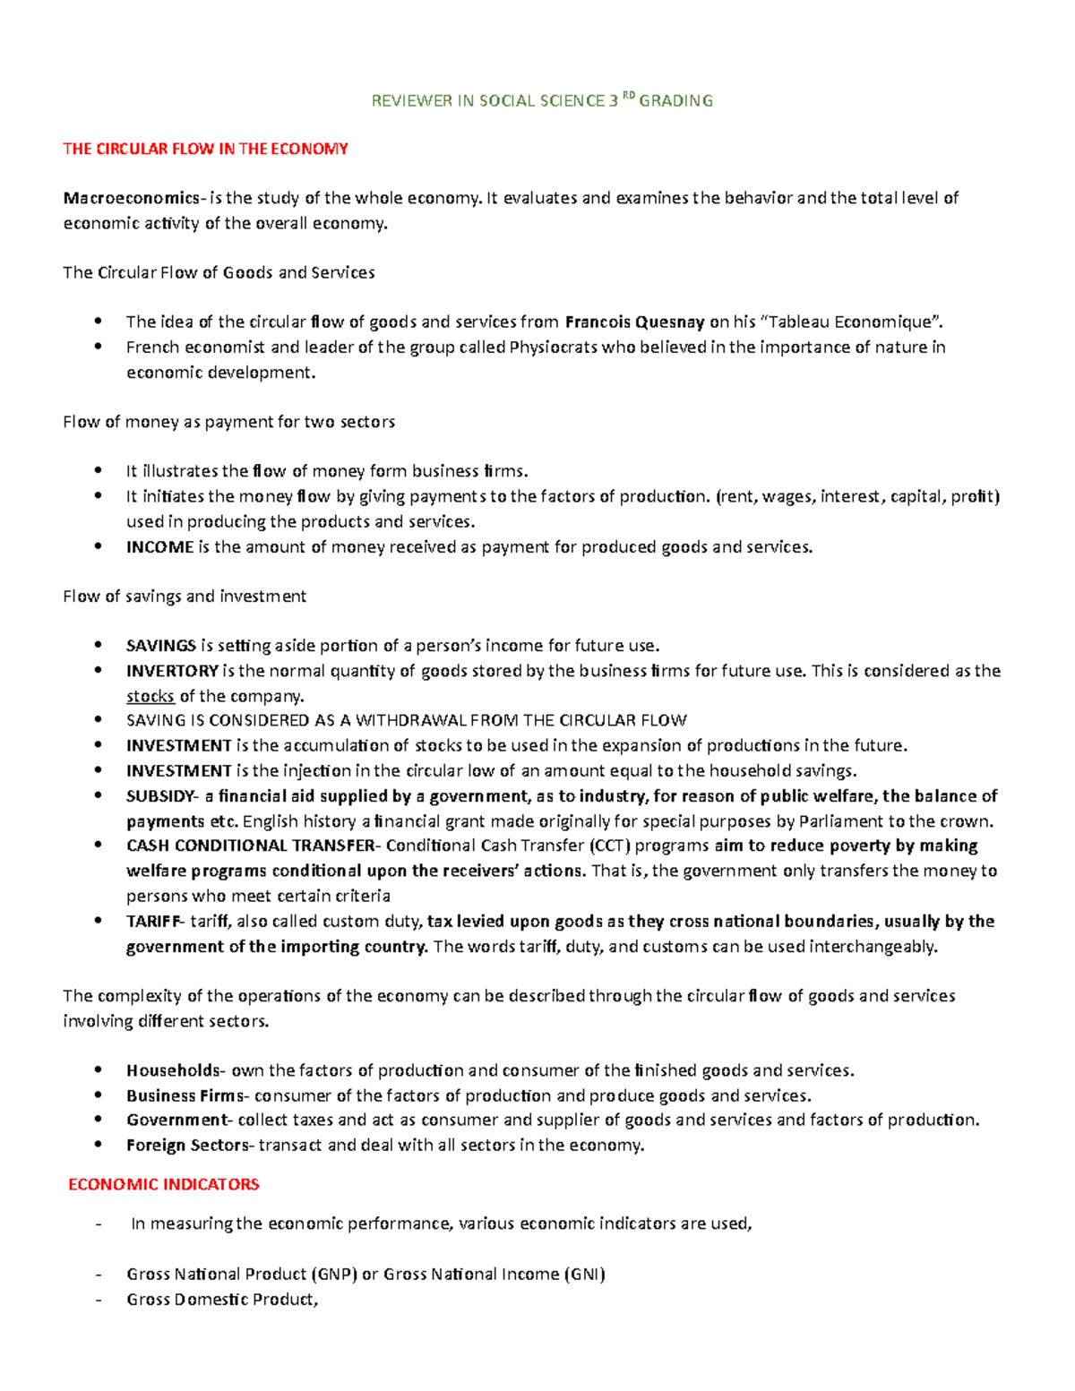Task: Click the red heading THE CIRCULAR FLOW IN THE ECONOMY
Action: click(x=205, y=150)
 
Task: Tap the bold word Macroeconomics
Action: click(x=131, y=198)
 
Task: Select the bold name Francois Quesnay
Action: click(x=634, y=322)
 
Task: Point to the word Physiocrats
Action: click(x=553, y=348)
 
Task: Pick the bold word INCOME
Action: click(x=159, y=547)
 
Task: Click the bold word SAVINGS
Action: click(x=161, y=646)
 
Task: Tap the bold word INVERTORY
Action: click(x=172, y=671)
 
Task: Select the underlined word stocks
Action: click(x=150, y=696)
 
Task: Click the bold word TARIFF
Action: click(x=152, y=922)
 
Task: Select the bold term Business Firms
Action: click(x=185, y=1095)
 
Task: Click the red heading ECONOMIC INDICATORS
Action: click(x=164, y=1185)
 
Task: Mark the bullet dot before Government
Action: click(x=99, y=1121)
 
